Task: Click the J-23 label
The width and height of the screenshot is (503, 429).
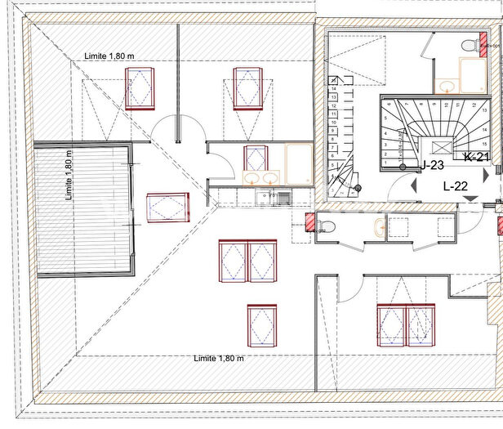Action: [x=432, y=165]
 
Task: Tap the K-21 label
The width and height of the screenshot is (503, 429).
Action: [x=476, y=157]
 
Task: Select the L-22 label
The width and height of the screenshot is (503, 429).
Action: [x=455, y=186]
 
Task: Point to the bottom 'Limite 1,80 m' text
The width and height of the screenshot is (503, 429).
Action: [x=219, y=358]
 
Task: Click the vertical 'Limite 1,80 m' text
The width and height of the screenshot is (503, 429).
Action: [x=69, y=175]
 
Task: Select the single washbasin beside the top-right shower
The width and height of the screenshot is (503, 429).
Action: [x=446, y=84]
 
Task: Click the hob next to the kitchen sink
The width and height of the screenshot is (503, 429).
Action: [x=283, y=197]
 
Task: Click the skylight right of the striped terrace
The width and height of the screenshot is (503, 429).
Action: [x=167, y=207]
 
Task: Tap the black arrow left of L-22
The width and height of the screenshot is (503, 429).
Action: [x=413, y=186]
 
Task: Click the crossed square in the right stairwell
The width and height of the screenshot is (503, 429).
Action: [x=442, y=146]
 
